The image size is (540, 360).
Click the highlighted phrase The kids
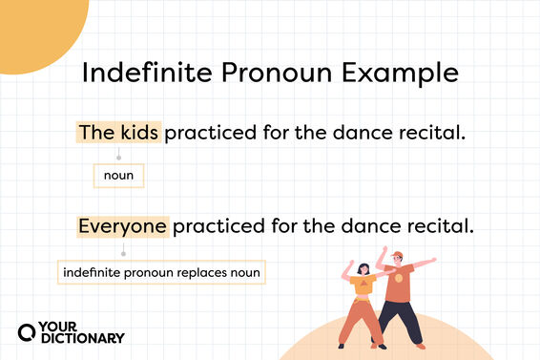tap(118, 133)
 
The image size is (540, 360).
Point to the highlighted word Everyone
tap(123, 227)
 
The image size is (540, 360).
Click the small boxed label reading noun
tap(118, 176)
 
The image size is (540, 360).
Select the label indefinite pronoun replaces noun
tap(161, 273)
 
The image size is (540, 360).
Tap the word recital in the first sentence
tap(432, 133)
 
